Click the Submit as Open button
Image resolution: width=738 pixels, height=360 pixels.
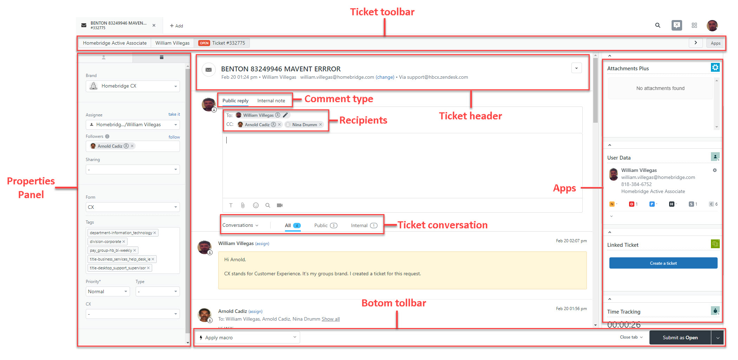click(680, 337)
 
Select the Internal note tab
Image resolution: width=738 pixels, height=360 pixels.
click(271, 101)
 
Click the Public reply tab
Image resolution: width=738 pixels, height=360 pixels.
click(235, 101)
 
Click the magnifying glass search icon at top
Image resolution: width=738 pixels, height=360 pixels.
click(658, 25)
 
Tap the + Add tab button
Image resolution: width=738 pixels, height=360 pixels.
click(176, 26)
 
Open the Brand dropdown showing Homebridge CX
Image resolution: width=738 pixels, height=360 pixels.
click(133, 86)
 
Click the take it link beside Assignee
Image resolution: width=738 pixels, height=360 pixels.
click(174, 114)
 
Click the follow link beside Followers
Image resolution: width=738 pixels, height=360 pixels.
click(174, 137)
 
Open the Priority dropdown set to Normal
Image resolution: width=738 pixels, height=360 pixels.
click(108, 291)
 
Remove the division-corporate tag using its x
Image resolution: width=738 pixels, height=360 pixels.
click(124, 242)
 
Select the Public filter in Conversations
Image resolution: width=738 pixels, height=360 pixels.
click(325, 225)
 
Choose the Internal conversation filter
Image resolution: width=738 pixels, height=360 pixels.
click(364, 225)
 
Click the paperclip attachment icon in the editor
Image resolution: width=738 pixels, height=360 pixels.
click(243, 205)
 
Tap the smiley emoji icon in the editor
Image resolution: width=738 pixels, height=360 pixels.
click(256, 205)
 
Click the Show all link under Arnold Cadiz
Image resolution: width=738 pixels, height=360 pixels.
click(331, 319)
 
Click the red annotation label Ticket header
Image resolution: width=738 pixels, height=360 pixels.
click(471, 116)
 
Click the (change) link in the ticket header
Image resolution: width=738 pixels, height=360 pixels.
click(385, 77)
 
